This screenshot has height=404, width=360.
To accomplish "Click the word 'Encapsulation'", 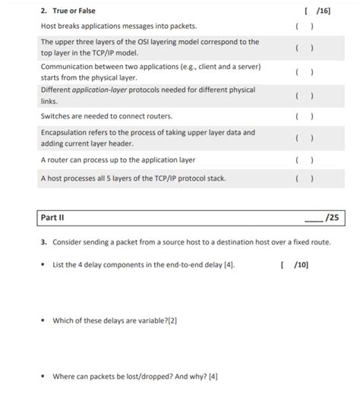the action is point(66,132).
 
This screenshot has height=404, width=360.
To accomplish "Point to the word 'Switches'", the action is point(56,116).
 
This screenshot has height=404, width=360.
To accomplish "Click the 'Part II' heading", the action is point(52,217).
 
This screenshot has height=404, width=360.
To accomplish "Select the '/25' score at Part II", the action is point(331,217).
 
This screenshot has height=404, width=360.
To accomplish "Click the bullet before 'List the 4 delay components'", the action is point(44,265).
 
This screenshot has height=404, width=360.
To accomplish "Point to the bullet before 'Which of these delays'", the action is point(44,320).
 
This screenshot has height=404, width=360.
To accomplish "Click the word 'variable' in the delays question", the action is point(150,320).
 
